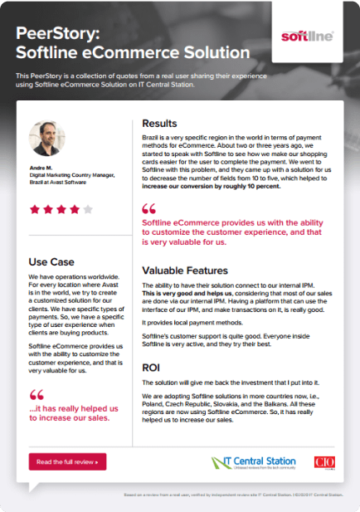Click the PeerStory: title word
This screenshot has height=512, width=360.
coord(56,35)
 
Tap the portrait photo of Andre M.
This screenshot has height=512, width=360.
coord(46,139)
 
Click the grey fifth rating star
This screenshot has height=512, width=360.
coord(89,210)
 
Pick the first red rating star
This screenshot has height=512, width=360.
coord(34,210)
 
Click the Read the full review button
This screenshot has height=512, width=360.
coord(68,461)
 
